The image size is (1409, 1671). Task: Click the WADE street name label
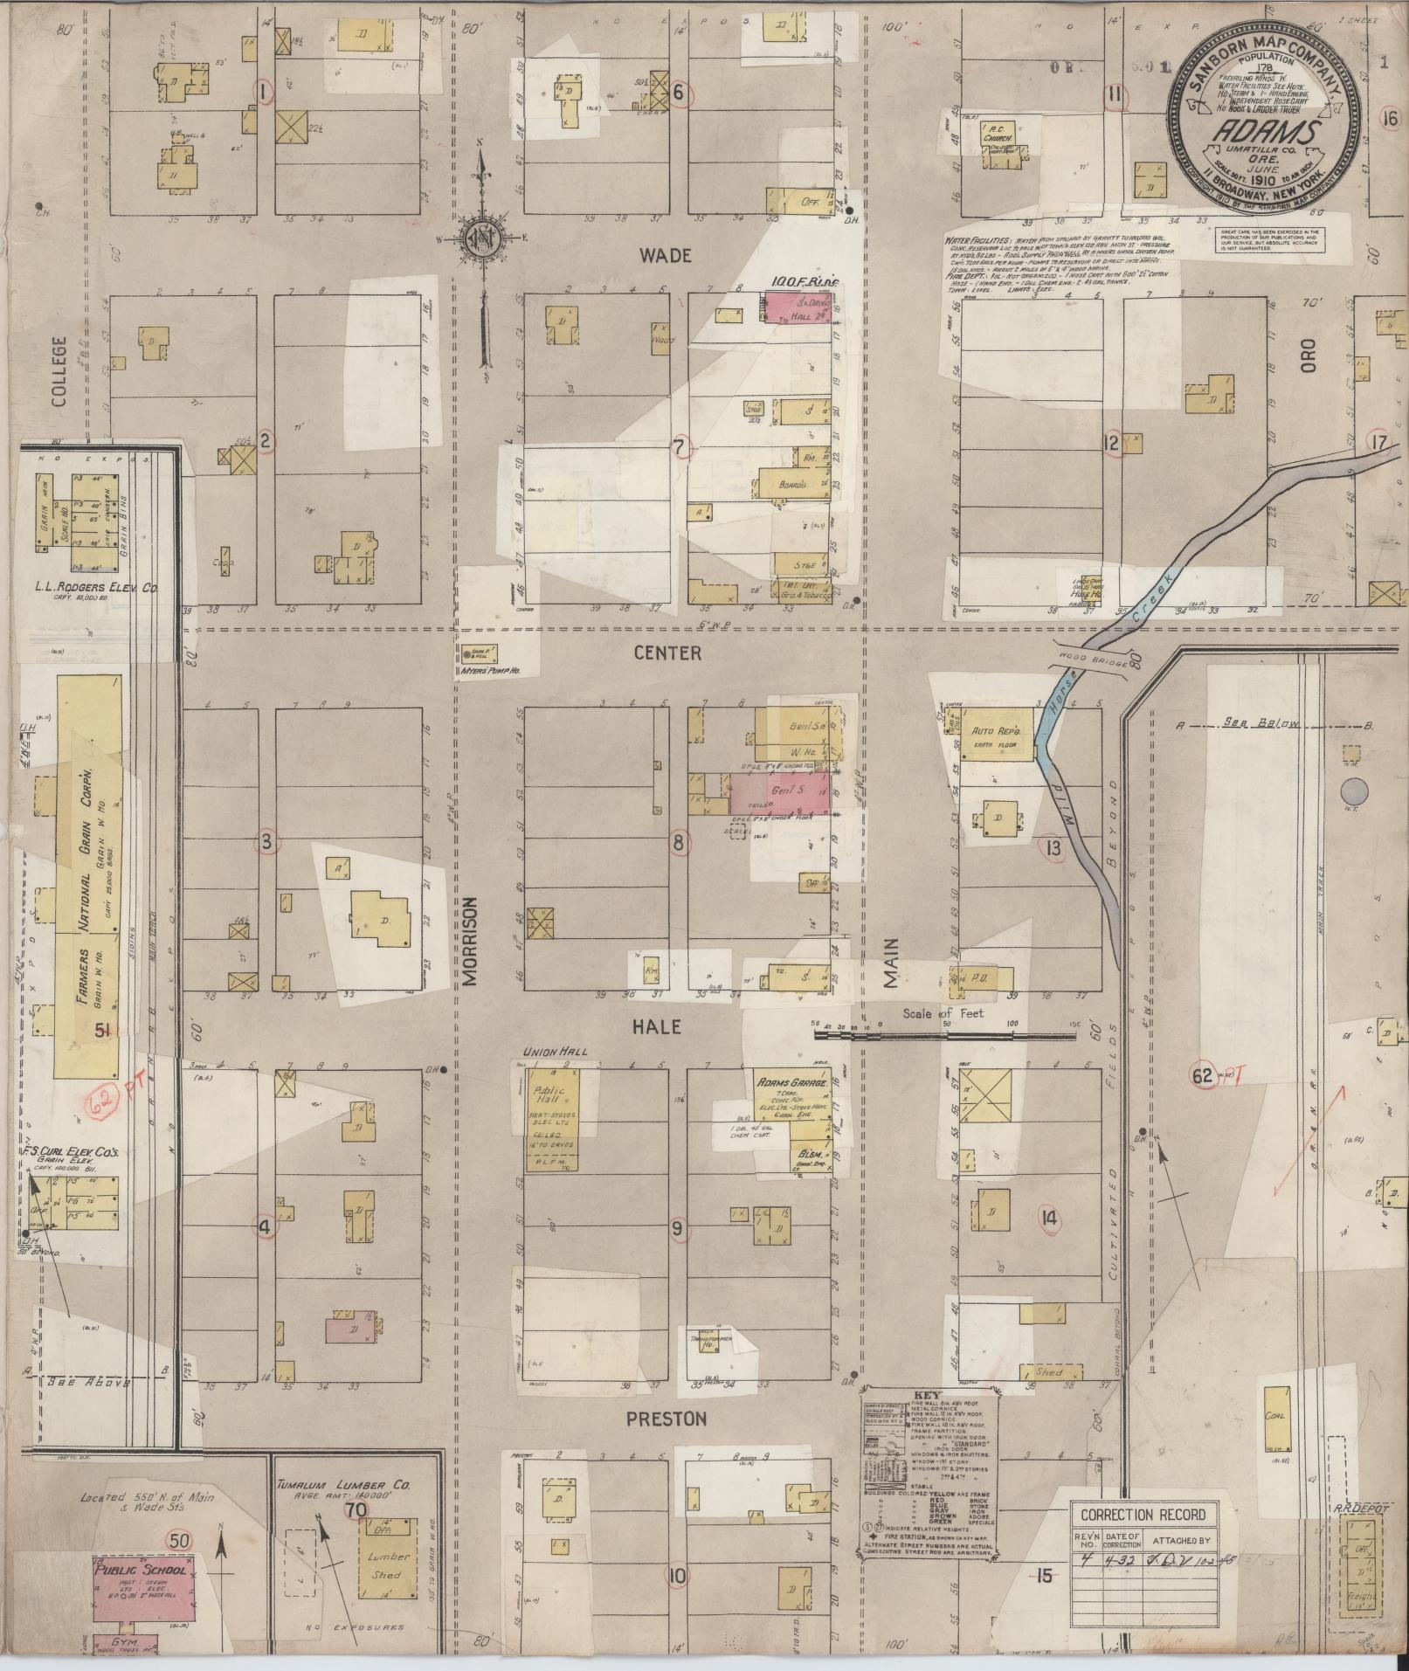point(665,255)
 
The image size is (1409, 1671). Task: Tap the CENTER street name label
point(667,653)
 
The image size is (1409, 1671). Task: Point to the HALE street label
point(655,1027)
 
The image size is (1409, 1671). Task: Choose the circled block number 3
point(266,842)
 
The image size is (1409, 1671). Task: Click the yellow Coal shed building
point(1275,1414)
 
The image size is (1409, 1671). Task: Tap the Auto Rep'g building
point(997,730)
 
